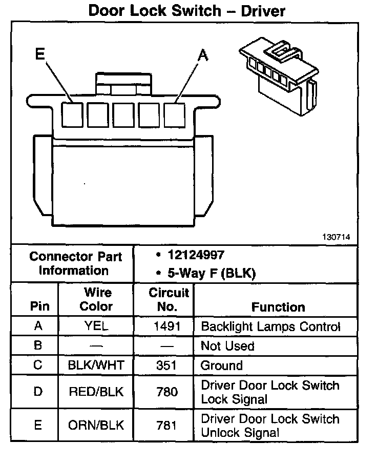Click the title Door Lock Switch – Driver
click(x=186, y=11)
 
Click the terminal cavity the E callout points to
click(x=72, y=114)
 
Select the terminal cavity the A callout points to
click(x=175, y=114)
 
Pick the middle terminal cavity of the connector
click(x=123, y=114)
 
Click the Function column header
click(x=278, y=307)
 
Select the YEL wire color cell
click(x=96, y=326)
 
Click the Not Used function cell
click(x=227, y=346)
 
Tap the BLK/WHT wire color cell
click(x=96, y=365)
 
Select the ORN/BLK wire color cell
click(x=96, y=426)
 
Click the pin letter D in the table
click(x=38, y=392)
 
